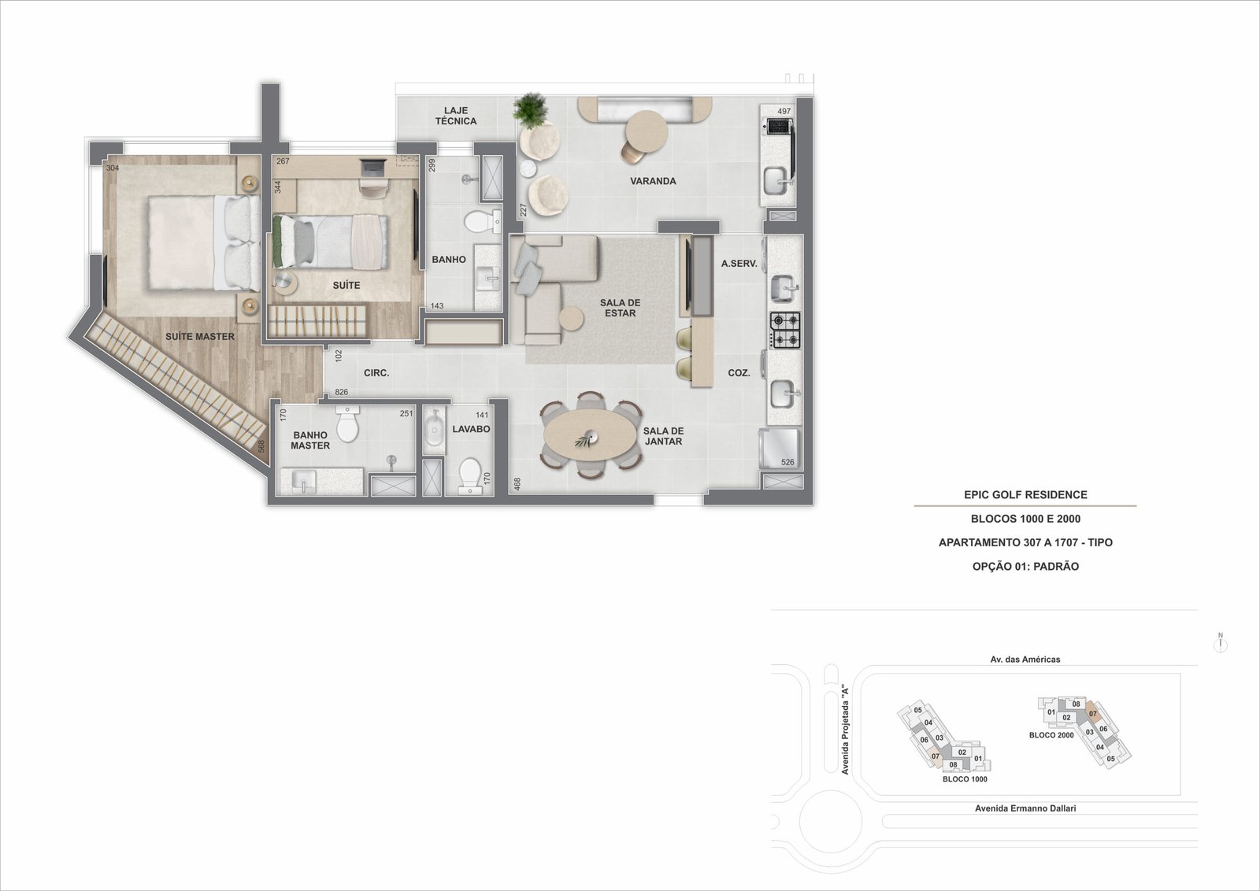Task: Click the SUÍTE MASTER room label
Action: (x=200, y=337)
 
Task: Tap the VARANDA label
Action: (x=653, y=181)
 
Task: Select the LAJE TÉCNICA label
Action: (x=456, y=116)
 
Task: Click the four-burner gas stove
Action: (x=784, y=331)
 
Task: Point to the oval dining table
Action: (x=590, y=434)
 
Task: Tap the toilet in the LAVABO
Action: (x=470, y=475)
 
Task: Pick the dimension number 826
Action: (x=342, y=392)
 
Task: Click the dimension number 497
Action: (x=784, y=111)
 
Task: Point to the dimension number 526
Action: (x=787, y=462)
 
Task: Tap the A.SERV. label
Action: (x=739, y=263)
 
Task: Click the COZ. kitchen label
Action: (x=739, y=373)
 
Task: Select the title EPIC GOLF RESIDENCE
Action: (x=1025, y=494)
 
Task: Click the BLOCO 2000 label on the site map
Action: (x=1051, y=734)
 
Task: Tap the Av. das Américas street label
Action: (x=1025, y=660)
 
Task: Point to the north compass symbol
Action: (x=1221, y=643)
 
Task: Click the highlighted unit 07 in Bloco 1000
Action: (x=936, y=756)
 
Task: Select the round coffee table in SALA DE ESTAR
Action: (x=572, y=319)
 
